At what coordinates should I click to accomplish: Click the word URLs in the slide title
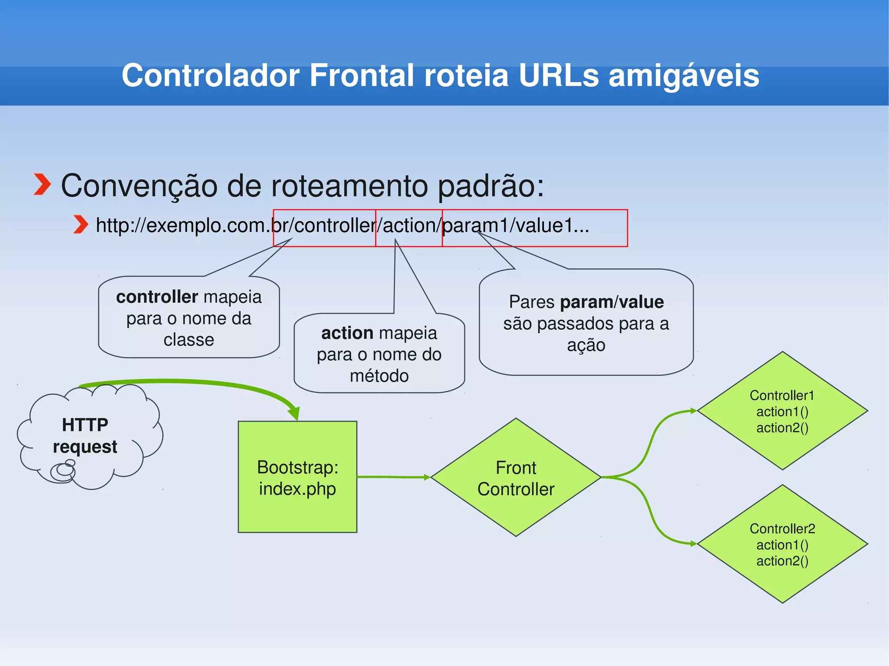pyautogui.click(x=558, y=75)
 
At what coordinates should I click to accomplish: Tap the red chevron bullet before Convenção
pyautogui.click(x=43, y=184)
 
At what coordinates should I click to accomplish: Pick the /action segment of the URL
pyautogui.click(x=408, y=226)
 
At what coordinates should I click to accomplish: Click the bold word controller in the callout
pyautogui.click(x=157, y=297)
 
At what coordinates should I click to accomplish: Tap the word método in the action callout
pyautogui.click(x=379, y=376)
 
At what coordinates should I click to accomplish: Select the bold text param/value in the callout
pyautogui.click(x=612, y=302)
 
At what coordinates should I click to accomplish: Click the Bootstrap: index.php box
pyautogui.click(x=297, y=477)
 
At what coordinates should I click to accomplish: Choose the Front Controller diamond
pyautogui.click(x=516, y=478)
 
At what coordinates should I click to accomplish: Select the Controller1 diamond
pyautogui.click(x=782, y=411)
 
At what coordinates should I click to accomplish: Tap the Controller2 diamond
pyautogui.click(x=782, y=544)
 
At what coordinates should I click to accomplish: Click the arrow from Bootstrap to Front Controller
pyautogui.click(x=393, y=477)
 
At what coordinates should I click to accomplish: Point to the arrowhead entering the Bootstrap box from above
pyautogui.click(x=295, y=413)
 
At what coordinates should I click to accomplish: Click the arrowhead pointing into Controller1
pyautogui.click(x=693, y=410)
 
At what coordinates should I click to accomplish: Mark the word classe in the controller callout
pyautogui.click(x=188, y=340)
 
